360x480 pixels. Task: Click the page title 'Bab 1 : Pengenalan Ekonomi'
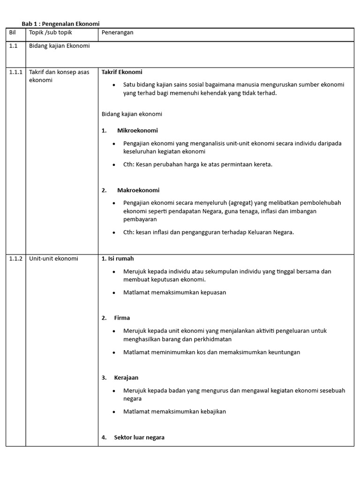[61, 23]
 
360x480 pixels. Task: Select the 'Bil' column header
[13, 32]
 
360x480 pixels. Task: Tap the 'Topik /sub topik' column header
[51, 32]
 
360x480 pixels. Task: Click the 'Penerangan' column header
[118, 32]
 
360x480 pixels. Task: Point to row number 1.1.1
[16, 72]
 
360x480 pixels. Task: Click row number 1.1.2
[16, 258]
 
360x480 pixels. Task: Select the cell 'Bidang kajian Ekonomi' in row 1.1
[60, 46]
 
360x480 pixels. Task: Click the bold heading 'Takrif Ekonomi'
[122, 72]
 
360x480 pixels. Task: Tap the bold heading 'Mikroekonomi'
[137, 130]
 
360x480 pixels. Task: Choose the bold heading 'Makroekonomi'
[138, 190]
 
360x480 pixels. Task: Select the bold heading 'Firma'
[122, 318]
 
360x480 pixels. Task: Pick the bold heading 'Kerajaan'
[126, 377]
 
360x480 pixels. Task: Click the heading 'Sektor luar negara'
[139, 437]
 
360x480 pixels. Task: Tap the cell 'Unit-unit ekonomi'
[53, 258]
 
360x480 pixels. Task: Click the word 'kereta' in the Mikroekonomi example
[262, 165]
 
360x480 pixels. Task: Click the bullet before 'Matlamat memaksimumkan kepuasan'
[114, 292]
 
